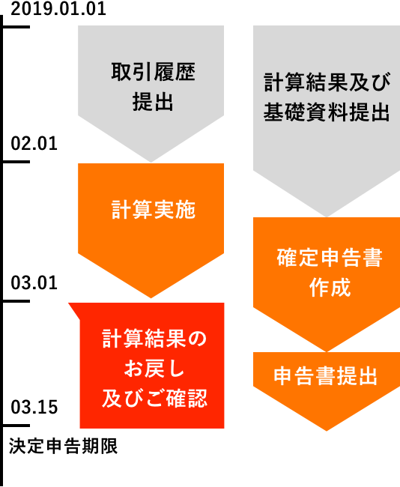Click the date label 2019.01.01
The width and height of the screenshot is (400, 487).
pyautogui.click(x=58, y=8)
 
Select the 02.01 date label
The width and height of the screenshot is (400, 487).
pyautogui.click(x=34, y=144)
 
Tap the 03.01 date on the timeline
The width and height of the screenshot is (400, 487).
pyautogui.click(x=34, y=283)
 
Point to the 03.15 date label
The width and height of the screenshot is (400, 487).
pyautogui.click(x=34, y=407)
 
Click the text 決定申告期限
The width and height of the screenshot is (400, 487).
pyautogui.click(x=64, y=446)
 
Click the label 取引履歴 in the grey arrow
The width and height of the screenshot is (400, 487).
pyautogui.click(x=153, y=72)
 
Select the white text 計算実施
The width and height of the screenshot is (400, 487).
pyautogui.click(x=154, y=210)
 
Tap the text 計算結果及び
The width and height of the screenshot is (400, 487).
pyautogui.click(x=327, y=82)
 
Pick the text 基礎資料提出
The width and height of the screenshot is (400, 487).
pyautogui.click(x=327, y=112)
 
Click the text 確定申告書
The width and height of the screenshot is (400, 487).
pyautogui.click(x=330, y=258)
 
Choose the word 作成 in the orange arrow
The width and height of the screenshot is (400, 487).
pyautogui.click(x=330, y=287)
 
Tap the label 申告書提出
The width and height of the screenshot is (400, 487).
pyautogui.click(x=325, y=376)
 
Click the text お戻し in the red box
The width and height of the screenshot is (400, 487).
pyautogui.click(x=154, y=369)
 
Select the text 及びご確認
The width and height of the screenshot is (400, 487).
pyautogui.click(x=154, y=398)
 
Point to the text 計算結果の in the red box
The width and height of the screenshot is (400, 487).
pyautogui.click(x=154, y=339)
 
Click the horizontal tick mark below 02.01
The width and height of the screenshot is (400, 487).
pyautogui.click(x=16, y=162)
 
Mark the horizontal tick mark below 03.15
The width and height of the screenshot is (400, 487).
pyautogui.click(x=16, y=426)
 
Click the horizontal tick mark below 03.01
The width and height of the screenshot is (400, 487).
pyautogui.click(x=16, y=301)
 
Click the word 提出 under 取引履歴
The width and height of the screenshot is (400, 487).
pyautogui.click(x=153, y=102)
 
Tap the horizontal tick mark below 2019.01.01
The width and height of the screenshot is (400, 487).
pyautogui.click(x=16, y=27)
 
